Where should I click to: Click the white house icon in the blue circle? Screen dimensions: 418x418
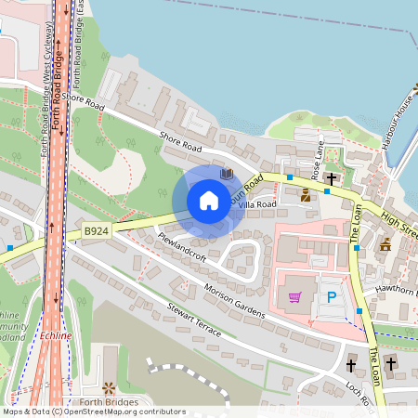(209, 200)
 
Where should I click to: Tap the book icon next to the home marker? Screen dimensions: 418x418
(226, 174)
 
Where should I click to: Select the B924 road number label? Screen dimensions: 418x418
(96, 229)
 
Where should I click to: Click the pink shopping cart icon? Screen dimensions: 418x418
(295, 297)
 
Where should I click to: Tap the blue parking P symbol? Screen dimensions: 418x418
(331, 298)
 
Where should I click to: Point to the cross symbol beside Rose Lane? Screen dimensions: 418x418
(331, 175)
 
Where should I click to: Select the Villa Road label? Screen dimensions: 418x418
(258, 204)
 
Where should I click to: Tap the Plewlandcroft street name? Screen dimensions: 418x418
(181, 250)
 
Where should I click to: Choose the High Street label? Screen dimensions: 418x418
(399, 220)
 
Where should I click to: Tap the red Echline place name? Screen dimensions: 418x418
(56, 335)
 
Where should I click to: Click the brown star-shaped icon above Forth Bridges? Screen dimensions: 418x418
(109, 386)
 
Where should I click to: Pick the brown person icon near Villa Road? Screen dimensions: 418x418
(306, 194)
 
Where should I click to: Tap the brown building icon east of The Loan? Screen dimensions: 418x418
(385, 244)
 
